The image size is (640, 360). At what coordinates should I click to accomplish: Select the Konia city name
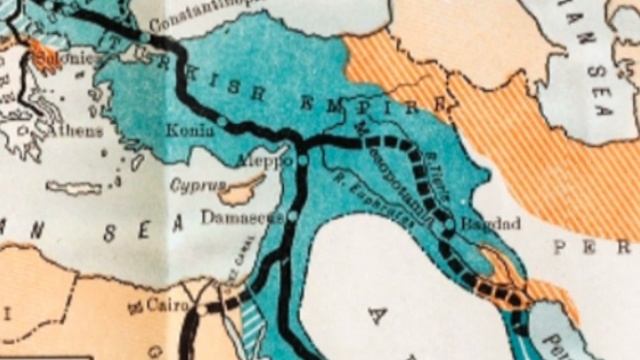[x=191, y=130]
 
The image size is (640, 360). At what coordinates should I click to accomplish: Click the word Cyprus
[x=192, y=185]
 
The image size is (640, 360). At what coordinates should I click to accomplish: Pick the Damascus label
[x=241, y=216]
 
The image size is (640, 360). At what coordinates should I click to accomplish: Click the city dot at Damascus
[x=293, y=216]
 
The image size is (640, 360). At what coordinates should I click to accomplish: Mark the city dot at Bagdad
[x=449, y=232]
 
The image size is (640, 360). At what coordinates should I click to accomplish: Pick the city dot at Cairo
[x=200, y=311]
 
